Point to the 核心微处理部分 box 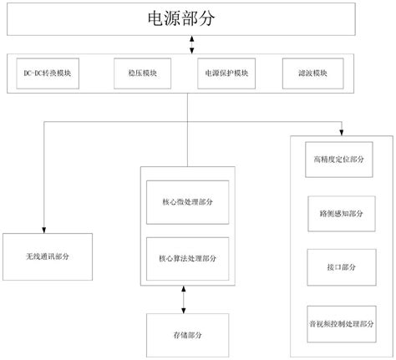186,201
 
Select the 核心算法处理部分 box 186,257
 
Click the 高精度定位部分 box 338,159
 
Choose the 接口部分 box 338,266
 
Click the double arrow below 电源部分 193,44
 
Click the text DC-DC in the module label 34,73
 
